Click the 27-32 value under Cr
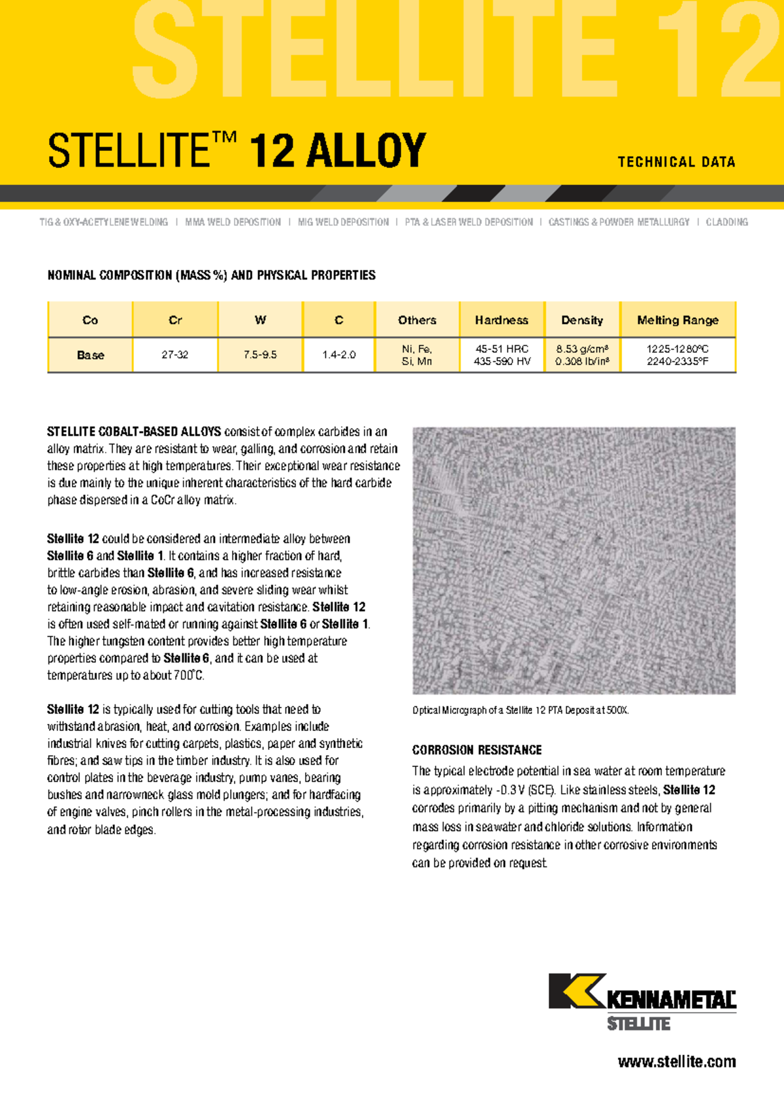[175, 355]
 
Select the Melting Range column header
[678, 320]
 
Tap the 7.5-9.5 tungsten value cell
[260, 355]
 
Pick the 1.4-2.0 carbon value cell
[338, 355]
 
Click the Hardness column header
[501, 320]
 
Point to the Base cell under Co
[90, 355]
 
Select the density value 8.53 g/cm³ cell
[582, 355]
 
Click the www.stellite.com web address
[676, 1062]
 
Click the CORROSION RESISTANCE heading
[477, 750]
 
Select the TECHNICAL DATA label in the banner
[676, 162]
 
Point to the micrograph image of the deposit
[574, 561]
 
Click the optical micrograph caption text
[520, 710]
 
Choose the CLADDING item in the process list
[727, 222]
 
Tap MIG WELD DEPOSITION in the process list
[343, 222]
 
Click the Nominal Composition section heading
[211, 275]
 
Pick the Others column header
[417, 320]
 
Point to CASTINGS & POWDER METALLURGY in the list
[619, 222]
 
